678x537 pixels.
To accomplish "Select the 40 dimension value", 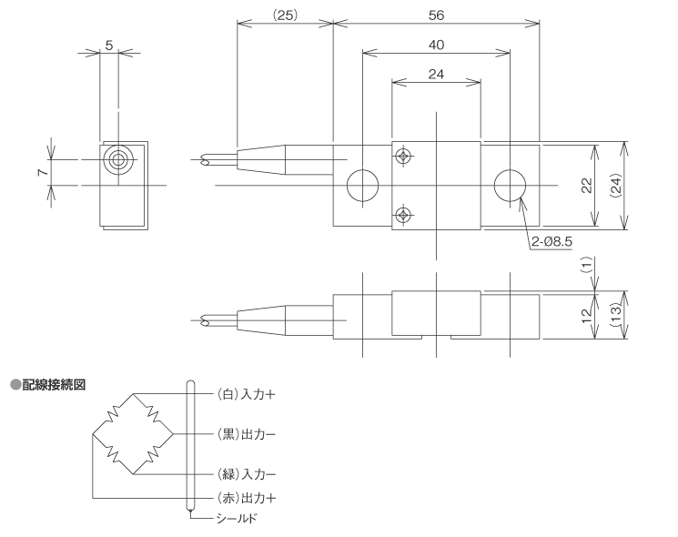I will point(435,45).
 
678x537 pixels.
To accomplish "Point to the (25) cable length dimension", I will point(284,15).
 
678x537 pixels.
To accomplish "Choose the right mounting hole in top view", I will point(510,186).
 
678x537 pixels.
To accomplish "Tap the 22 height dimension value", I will point(587,186).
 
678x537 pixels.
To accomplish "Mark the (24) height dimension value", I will point(616,186).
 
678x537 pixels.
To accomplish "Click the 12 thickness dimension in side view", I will point(587,315).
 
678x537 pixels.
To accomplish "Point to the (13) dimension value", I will point(616,315).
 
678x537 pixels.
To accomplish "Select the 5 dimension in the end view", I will point(109,43).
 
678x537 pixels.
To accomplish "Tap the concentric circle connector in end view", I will point(117,160).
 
